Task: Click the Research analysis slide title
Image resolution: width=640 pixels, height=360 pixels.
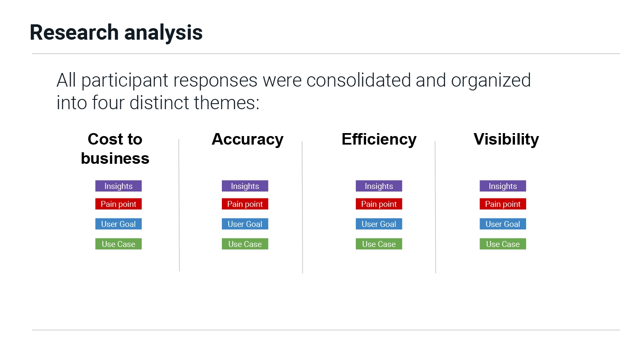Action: [116, 33]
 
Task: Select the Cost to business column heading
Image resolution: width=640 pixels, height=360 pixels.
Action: [115, 148]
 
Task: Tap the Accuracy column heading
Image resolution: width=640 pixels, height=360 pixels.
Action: [247, 139]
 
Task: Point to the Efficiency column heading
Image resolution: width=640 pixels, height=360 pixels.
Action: [379, 139]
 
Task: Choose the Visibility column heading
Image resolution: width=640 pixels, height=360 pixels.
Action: [506, 139]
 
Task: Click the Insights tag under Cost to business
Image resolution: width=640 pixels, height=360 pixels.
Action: [118, 186]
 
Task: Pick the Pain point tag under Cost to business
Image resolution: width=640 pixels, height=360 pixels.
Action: [118, 204]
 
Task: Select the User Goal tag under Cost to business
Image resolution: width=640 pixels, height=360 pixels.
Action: [118, 224]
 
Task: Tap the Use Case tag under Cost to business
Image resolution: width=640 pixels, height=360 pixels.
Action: [118, 244]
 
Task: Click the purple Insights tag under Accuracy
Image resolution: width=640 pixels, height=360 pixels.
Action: [245, 186]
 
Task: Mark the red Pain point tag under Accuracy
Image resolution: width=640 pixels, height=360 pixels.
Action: [245, 204]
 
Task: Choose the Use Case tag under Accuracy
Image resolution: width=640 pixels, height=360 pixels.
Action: [245, 244]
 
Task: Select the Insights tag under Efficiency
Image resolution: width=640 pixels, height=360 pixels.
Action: [379, 186]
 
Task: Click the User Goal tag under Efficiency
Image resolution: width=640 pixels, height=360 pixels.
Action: [379, 224]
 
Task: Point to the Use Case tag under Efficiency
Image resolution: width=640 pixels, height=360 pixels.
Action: [379, 244]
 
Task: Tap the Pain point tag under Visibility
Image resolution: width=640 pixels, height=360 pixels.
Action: [503, 204]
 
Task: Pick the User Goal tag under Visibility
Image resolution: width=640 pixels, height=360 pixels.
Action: [503, 224]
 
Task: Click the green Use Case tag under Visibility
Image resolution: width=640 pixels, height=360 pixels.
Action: [503, 244]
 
